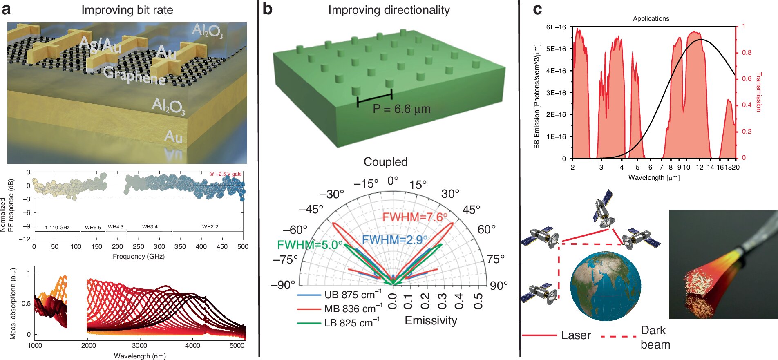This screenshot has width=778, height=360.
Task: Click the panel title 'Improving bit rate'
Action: [x=127, y=10]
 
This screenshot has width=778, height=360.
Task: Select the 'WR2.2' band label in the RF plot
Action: [x=210, y=226]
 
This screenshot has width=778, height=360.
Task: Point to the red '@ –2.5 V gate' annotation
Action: [x=226, y=174]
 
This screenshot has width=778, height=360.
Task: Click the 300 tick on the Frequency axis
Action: [x=159, y=246]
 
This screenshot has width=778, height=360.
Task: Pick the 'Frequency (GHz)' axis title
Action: [x=139, y=256]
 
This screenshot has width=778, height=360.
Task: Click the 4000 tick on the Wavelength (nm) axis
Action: [x=192, y=345]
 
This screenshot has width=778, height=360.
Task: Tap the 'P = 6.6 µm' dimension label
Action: [x=401, y=109]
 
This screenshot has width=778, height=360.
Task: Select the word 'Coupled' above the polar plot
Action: [x=385, y=162]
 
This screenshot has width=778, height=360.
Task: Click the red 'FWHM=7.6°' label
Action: [x=414, y=217]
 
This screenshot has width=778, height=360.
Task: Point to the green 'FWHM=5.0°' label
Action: [x=310, y=245]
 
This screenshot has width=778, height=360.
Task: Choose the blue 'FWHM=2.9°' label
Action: [x=394, y=239]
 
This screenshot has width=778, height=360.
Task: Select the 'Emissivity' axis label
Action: [x=431, y=320]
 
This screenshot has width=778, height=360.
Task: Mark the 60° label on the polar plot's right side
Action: [x=486, y=229]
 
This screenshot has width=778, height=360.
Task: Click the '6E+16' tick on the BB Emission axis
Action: [x=556, y=27]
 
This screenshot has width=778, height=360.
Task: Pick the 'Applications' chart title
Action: [x=651, y=18]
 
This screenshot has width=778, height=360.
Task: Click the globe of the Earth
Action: [x=605, y=286]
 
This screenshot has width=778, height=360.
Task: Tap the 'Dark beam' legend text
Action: [x=655, y=337]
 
